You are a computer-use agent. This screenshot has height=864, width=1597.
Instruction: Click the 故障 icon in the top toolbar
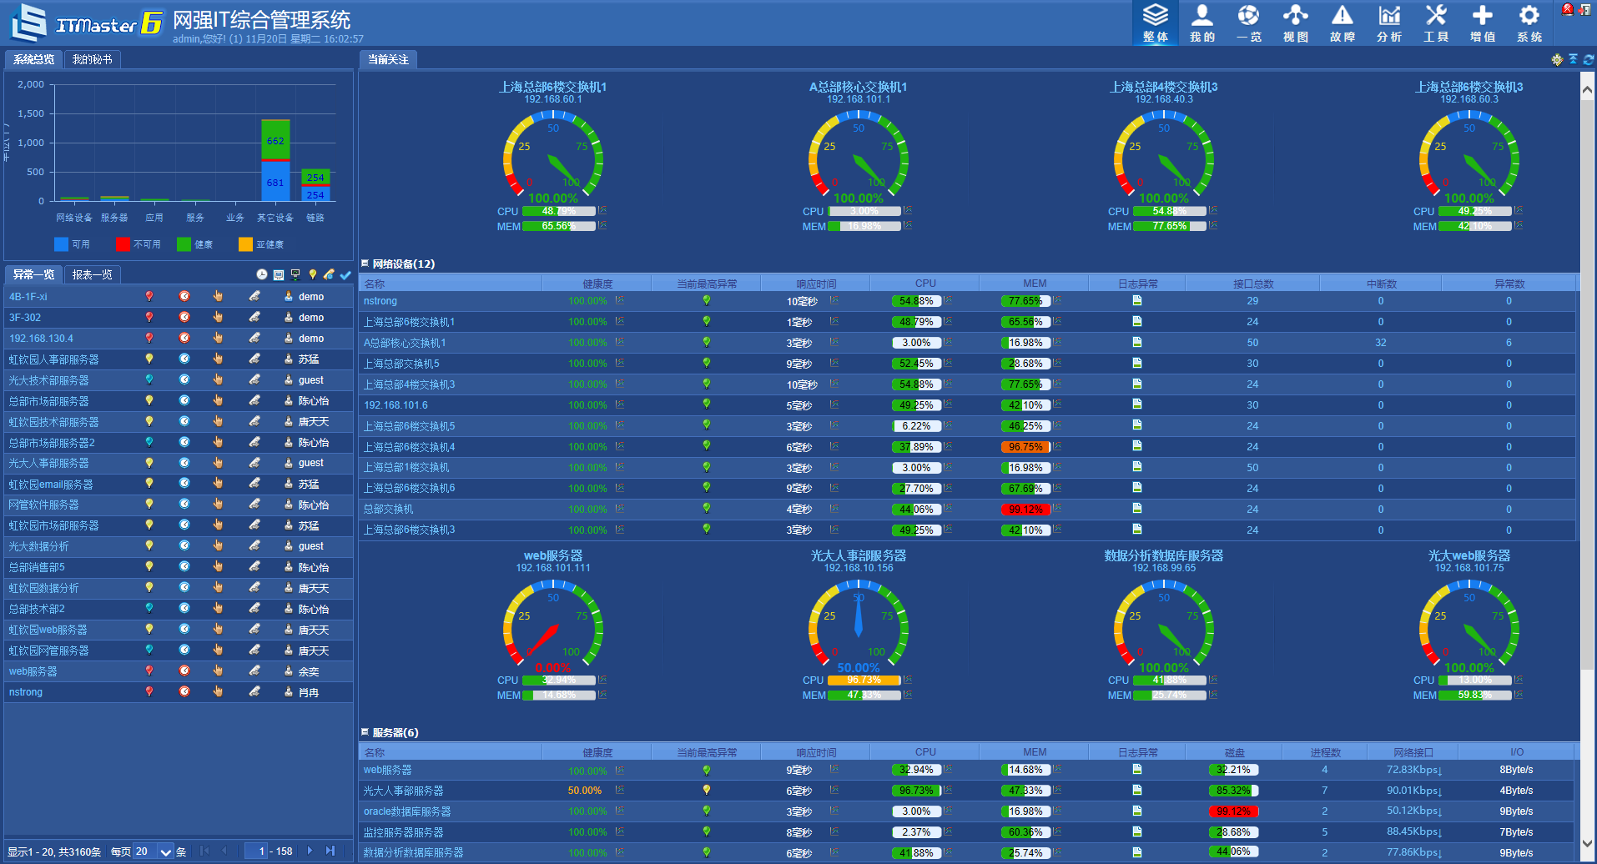point(1342,23)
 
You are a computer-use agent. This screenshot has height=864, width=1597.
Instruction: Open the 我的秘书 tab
point(92,59)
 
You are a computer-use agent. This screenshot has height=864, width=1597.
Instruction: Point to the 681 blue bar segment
point(275,181)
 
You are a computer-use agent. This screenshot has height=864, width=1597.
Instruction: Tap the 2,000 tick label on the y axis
point(31,84)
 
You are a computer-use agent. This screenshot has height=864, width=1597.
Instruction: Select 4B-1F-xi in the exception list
point(28,297)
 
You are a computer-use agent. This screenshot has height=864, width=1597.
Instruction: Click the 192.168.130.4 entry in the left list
point(41,339)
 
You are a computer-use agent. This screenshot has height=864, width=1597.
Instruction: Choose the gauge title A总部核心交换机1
point(858,87)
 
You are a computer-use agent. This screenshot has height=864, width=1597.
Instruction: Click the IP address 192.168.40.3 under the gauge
point(1163,99)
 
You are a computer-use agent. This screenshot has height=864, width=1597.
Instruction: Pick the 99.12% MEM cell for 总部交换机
point(1025,510)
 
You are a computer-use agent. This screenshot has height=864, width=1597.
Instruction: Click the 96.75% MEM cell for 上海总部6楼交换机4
point(1025,447)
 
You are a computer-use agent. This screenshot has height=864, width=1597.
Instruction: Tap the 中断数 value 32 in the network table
point(1380,343)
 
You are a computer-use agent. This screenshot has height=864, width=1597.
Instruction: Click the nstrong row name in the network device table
point(380,301)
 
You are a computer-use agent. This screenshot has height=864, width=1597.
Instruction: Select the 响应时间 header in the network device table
point(815,284)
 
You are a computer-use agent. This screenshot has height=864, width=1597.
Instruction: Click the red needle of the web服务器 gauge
point(543,639)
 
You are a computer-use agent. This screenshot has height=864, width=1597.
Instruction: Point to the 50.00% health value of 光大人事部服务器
point(584,791)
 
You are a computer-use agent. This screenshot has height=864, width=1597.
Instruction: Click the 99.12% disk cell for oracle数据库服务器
point(1233,811)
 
